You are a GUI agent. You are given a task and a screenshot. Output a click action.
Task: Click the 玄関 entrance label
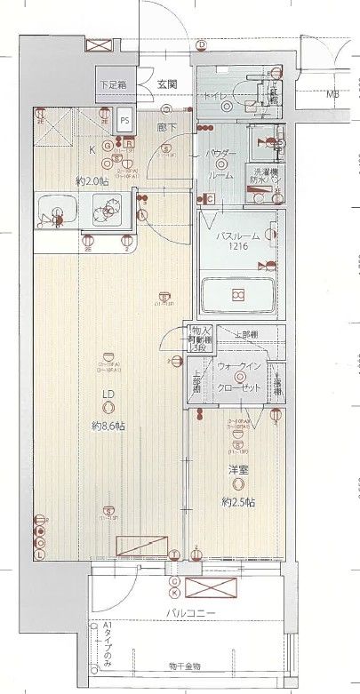166,84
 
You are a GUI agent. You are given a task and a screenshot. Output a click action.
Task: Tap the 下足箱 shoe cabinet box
113,85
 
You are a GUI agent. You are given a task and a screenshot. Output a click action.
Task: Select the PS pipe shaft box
124,119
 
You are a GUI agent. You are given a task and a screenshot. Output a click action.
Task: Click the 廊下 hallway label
164,128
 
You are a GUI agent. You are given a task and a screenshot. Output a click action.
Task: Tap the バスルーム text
237,235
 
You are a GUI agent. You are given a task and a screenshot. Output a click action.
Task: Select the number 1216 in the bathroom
236,248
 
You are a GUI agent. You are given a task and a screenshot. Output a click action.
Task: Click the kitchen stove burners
111,211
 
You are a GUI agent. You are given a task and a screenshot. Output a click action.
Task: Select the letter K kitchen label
92,150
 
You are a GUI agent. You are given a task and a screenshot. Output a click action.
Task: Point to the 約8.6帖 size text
107,426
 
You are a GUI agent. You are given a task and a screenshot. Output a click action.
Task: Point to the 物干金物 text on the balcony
185,666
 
